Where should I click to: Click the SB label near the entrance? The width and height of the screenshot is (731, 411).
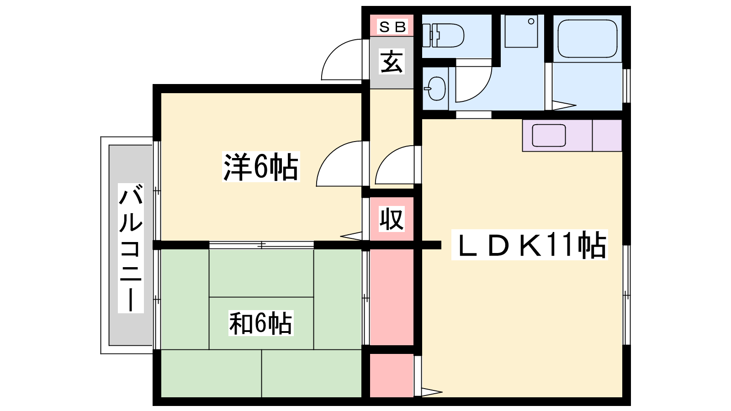[392, 27]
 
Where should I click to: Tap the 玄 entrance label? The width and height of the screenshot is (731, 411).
[392, 62]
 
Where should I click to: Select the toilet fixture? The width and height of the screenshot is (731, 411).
[447, 36]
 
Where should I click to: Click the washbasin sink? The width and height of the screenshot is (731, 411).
[435, 89]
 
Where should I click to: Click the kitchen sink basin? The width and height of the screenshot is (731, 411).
[549, 136]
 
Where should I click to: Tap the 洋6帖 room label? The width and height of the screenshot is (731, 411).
[261, 167]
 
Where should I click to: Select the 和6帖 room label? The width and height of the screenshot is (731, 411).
[261, 323]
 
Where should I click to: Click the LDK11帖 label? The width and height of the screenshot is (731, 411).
[530, 245]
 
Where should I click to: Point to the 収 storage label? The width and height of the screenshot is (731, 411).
[392, 219]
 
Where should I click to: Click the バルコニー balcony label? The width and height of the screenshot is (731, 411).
[131, 248]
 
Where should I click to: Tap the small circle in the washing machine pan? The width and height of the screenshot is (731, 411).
[531, 21]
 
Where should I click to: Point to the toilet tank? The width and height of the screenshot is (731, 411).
[427, 36]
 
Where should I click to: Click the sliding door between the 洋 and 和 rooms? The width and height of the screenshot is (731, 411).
[261, 245]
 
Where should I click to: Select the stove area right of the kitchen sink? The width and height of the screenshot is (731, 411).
[607, 136]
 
